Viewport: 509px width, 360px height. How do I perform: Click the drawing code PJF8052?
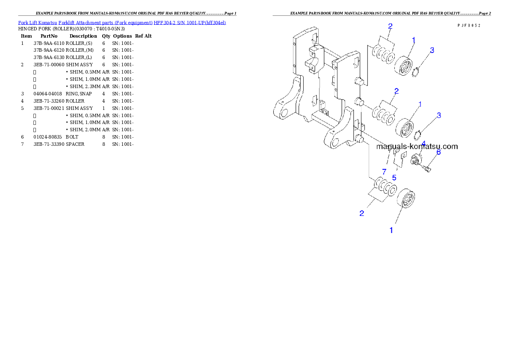(x=469, y=26)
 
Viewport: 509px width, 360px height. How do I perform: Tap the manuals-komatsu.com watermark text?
(x=417, y=146)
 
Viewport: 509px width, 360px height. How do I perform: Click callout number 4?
(x=423, y=143)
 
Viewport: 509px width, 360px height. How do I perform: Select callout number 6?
(x=438, y=152)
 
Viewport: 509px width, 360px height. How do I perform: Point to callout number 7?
(x=384, y=171)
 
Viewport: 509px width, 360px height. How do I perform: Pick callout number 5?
(x=394, y=177)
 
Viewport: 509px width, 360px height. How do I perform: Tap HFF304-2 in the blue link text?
(x=164, y=22)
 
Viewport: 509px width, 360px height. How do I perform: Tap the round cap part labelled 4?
(x=415, y=160)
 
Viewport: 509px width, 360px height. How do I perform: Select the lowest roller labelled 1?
(x=407, y=199)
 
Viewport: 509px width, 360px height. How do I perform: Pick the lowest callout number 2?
(x=362, y=213)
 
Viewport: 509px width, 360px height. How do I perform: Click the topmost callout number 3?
(x=432, y=50)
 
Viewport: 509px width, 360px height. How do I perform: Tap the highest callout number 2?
(x=390, y=26)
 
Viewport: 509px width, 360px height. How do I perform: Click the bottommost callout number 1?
(x=391, y=230)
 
